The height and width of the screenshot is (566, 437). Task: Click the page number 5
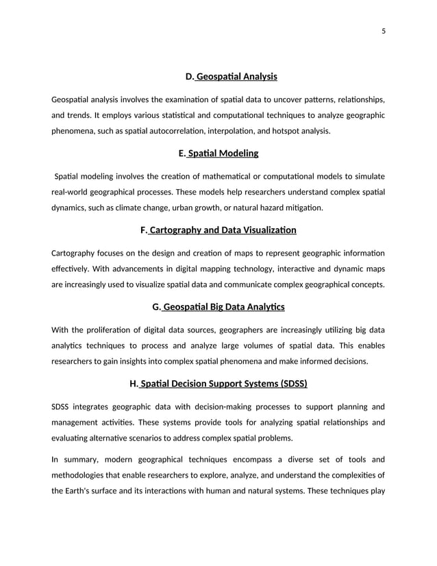click(x=383, y=29)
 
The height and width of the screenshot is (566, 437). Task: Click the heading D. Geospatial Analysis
click(x=231, y=77)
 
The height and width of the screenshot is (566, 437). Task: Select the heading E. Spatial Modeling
click(x=218, y=153)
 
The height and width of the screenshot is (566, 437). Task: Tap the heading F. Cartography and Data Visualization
click(x=218, y=230)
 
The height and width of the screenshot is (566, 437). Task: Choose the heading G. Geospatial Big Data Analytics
click(x=218, y=307)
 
